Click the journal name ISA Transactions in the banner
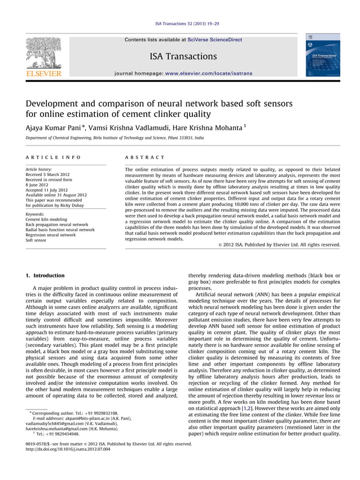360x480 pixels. pyautogui.click(x=183, y=56)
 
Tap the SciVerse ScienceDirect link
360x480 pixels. pyautogui.click(x=214, y=39)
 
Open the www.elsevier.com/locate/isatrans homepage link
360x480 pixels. pyautogui.click(x=209, y=73)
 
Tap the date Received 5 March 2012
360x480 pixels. pyautogui.click(x=48, y=175)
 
